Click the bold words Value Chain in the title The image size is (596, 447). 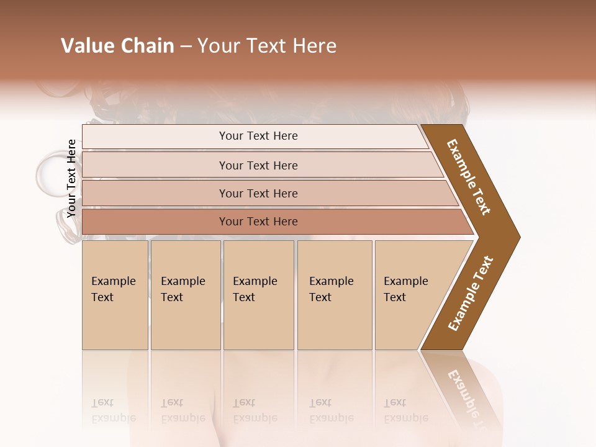click(x=117, y=46)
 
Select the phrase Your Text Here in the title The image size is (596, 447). click(x=267, y=46)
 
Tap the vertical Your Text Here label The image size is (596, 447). click(x=71, y=179)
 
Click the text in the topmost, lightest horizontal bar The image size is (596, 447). click(x=258, y=136)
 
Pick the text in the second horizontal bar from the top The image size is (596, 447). click(x=258, y=165)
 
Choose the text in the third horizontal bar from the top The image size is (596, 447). click(x=258, y=193)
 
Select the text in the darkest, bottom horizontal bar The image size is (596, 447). click(x=258, y=222)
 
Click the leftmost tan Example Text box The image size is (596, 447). click(x=115, y=294)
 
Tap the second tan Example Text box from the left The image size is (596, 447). click(x=185, y=294)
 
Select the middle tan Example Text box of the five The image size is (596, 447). click(x=258, y=294)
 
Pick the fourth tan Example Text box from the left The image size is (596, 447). click(x=334, y=294)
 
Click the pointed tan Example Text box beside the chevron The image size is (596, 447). click(x=410, y=294)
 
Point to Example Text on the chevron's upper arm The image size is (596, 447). click(x=469, y=177)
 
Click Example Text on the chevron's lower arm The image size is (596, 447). click(x=471, y=294)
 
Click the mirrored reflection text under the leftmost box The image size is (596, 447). click(x=114, y=410)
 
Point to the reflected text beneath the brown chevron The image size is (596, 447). click(x=467, y=391)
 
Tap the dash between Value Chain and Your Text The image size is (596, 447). click(x=186, y=47)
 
